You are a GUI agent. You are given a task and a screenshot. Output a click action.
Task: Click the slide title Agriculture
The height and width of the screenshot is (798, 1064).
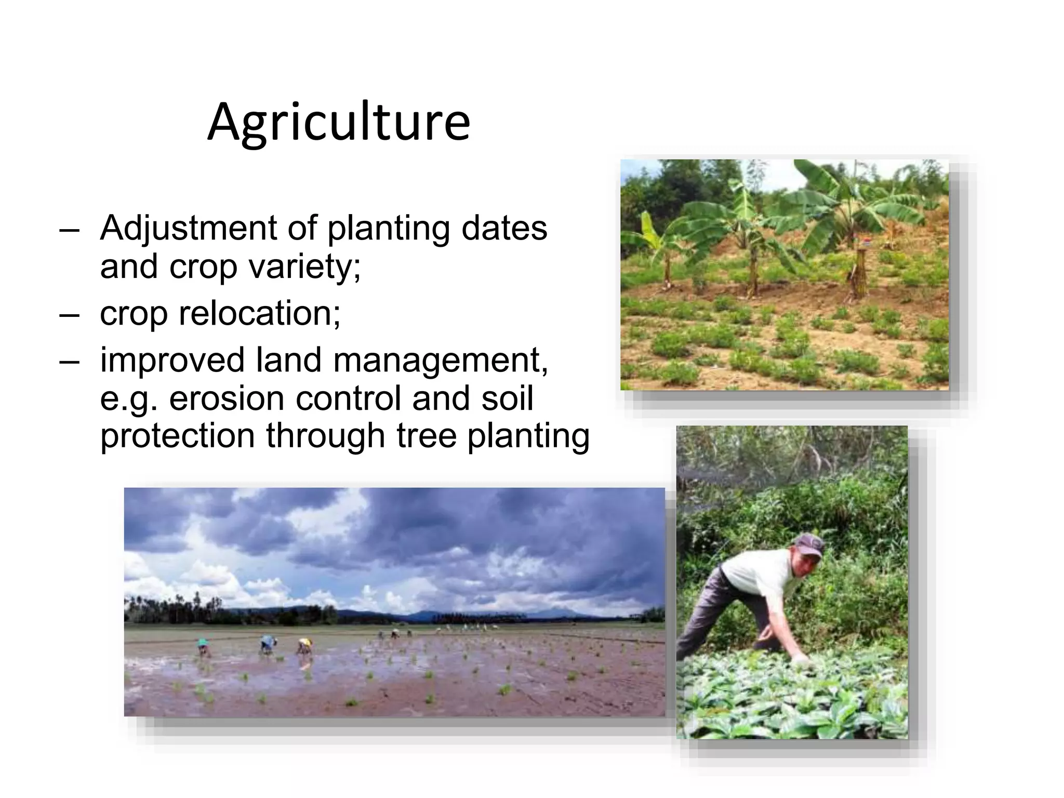(339, 123)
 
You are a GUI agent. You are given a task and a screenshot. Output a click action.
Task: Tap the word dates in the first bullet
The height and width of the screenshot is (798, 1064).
(504, 229)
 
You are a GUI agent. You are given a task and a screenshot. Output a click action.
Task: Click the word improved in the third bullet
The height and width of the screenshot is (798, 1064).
(172, 361)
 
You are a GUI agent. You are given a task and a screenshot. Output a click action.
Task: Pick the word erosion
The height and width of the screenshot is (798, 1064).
(227, 398)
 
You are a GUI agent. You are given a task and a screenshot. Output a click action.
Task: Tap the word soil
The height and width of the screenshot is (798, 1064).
(507, 398)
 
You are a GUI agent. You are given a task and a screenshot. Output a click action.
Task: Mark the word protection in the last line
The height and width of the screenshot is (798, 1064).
(177, 436)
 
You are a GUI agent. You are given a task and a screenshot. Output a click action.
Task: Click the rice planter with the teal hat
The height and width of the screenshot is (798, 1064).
(203, 644)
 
